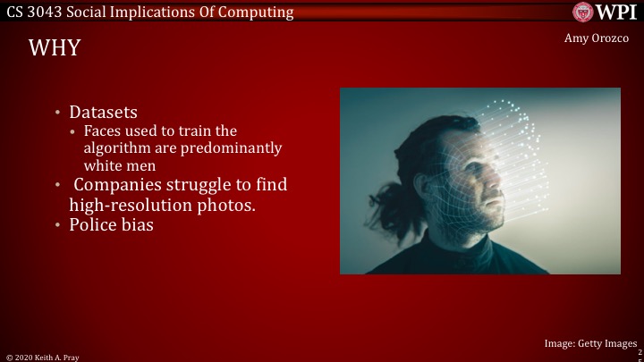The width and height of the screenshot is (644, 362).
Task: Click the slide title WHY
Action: pyautogui.click(x=55, y=47)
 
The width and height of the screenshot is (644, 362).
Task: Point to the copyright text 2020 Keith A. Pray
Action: pyautogui.click(x=47, y=357)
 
